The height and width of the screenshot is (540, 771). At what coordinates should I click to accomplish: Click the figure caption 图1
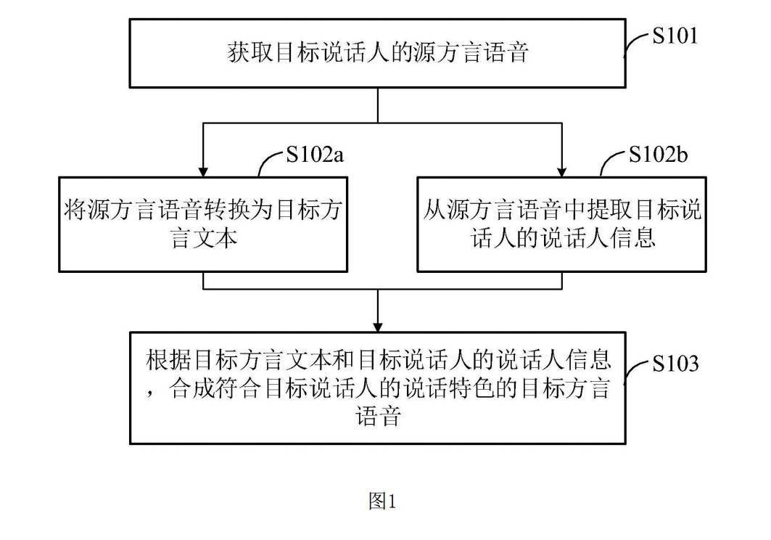pos(382,501)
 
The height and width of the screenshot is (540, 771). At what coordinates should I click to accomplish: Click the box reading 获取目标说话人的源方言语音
pos(377,53)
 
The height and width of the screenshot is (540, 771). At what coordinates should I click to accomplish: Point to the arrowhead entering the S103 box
pos(378,325)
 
